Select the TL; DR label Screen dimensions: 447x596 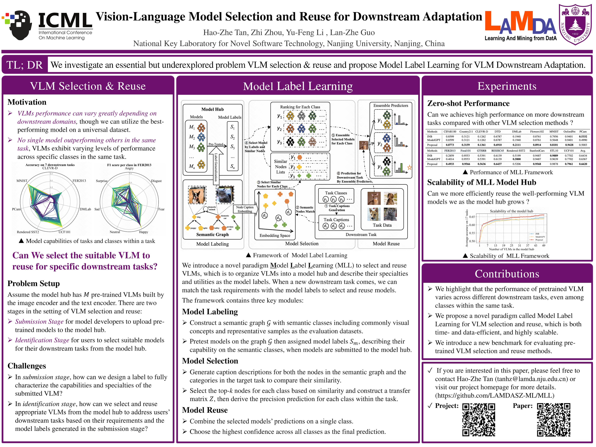25,65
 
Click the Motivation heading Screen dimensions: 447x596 27,102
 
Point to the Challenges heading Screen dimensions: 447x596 27,366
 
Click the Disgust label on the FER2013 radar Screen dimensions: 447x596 156,181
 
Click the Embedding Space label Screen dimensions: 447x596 275,235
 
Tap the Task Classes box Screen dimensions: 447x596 336,196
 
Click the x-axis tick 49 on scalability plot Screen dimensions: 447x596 543,245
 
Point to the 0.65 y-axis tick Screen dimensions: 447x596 472,217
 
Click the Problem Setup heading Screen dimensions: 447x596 33,283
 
